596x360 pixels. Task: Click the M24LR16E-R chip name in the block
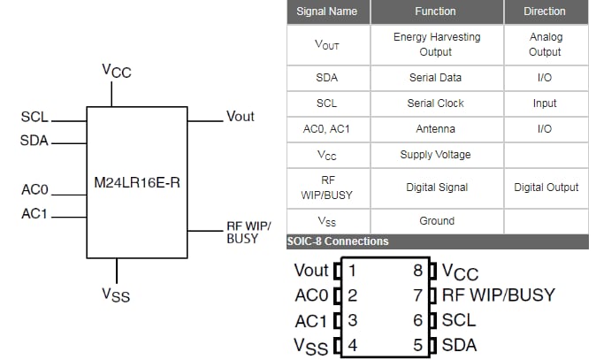136,184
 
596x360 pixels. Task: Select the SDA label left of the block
34,141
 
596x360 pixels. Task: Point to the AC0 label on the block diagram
34,189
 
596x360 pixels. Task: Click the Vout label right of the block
241,117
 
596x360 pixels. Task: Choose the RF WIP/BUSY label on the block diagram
248,233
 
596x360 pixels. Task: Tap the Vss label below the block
115,294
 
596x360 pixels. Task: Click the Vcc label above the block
116,71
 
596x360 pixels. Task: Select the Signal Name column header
327,11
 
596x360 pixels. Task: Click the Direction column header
545,11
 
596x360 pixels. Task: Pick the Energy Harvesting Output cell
436,44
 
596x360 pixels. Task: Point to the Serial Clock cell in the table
436,103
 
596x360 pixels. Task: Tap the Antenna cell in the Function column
436,129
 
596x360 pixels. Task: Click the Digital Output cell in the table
546,188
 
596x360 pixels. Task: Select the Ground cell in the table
436,221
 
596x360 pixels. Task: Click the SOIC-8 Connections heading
338,241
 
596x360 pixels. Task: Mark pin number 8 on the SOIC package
417,271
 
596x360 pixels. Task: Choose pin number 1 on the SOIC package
352,271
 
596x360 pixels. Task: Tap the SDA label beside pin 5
459,345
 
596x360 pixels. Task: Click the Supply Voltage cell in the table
436,155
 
